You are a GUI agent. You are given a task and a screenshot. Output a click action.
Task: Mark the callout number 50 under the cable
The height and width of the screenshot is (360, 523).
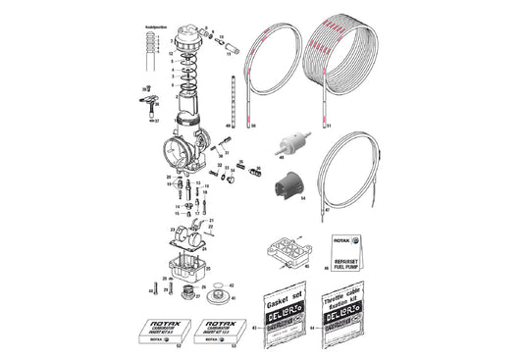pyautogui.click(x=252, y=127)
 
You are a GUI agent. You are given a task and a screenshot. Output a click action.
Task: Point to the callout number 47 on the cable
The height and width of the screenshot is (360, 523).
pyautogui.click(x=328, y=209)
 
